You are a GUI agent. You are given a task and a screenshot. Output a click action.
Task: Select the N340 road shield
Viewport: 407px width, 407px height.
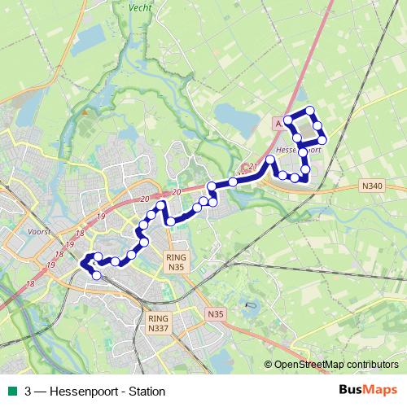point(371,186)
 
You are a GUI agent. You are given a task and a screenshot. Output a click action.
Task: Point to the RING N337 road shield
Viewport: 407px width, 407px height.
point(158,324)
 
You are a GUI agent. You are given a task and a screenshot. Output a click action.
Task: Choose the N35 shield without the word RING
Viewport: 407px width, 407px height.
point(215,313)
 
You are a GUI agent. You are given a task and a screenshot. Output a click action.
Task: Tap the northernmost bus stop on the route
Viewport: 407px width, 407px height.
point(309,111)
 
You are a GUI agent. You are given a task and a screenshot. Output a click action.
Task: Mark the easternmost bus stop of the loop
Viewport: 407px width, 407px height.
point(322,140)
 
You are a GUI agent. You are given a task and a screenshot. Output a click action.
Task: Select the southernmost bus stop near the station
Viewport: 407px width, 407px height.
point(97,275)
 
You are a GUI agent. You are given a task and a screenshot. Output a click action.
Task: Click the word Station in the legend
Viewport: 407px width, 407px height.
point(147,392)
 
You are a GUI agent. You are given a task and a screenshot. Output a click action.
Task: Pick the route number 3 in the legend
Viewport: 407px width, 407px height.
point(28,392)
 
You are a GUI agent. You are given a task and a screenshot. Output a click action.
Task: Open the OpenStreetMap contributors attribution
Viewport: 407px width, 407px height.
point(335,365)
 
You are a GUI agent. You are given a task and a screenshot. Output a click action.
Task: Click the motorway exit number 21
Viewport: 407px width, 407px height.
point(253,167)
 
